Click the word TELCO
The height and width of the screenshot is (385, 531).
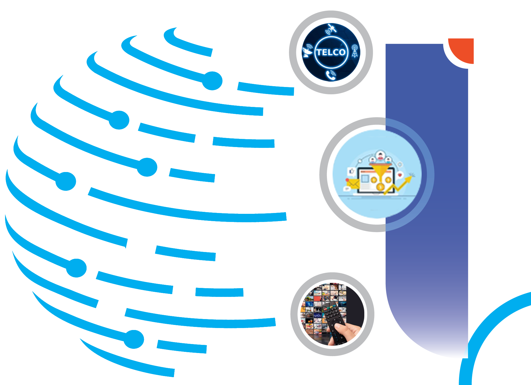tap(331, 52)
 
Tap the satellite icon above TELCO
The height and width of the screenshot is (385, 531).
tap(332, 29)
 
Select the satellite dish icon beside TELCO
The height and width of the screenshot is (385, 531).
tap(308, 51)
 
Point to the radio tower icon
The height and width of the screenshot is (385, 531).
tap(355, 51)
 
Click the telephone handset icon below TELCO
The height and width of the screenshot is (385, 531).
tap(331, 75)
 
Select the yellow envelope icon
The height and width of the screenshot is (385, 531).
tap(353, 184)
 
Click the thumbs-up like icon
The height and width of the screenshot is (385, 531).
tap(351, 171)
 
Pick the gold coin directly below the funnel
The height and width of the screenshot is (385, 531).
tap(380, 187)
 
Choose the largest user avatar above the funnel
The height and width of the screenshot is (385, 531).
tap(380, 155)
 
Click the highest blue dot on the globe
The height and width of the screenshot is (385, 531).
tap(213, 81)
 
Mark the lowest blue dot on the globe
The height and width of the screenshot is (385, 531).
tap(134, 339)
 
